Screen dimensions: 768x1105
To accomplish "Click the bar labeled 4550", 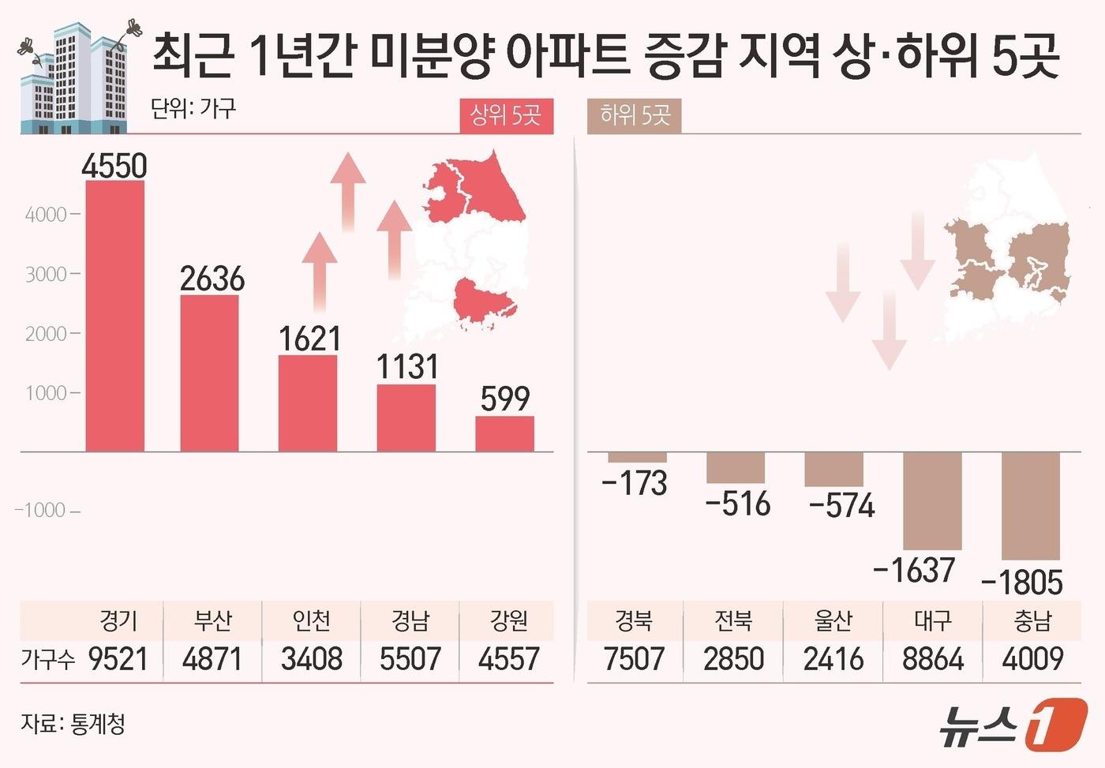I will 114,316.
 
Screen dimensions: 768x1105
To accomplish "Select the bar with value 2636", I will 209,373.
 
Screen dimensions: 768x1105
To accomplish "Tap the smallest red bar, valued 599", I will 504,433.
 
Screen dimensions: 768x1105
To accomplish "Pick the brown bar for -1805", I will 1030,505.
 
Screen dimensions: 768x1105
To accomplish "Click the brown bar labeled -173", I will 637,457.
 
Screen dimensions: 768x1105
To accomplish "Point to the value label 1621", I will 309,339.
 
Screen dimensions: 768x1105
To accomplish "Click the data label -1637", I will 914,569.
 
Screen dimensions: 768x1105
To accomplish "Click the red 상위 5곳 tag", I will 506,116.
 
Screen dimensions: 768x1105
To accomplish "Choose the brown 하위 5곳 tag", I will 635,116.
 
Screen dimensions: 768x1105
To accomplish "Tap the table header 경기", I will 118,620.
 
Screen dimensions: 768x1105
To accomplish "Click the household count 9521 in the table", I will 118,659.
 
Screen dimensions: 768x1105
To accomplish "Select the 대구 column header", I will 932,620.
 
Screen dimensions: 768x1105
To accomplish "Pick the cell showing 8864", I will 932,659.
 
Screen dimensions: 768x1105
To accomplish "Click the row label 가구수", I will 47,659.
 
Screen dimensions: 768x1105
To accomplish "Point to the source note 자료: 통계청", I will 73,723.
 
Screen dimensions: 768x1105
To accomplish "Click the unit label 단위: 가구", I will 193,108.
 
